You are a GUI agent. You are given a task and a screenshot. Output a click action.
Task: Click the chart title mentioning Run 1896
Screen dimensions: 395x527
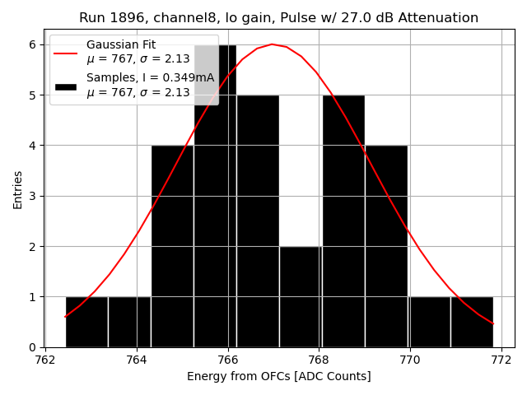coord(278,18)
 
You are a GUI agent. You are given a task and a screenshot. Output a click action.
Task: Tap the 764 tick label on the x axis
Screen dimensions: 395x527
coord(137,360)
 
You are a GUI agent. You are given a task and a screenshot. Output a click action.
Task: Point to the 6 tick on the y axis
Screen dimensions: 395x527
coord(34,44)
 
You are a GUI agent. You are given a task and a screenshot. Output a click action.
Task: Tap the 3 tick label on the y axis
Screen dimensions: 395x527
coord(34,196)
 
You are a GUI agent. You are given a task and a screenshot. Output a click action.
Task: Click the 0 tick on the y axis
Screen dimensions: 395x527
coord(34,347)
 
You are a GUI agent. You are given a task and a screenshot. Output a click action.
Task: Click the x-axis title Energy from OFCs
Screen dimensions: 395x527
coord(278,376)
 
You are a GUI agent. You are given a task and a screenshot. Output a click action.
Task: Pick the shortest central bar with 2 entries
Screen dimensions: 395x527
coord(301,296)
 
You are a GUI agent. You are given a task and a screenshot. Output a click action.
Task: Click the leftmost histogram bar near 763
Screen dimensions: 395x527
coord(86,322)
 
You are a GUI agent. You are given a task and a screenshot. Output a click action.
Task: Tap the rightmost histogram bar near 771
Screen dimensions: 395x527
coord(472,322)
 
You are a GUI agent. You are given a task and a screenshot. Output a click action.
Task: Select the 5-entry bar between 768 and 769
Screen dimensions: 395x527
coord(343,222)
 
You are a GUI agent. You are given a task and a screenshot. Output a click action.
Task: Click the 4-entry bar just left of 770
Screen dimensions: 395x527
coord(386,247)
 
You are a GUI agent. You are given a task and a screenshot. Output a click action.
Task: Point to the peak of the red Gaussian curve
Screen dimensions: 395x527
coord(272,44)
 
